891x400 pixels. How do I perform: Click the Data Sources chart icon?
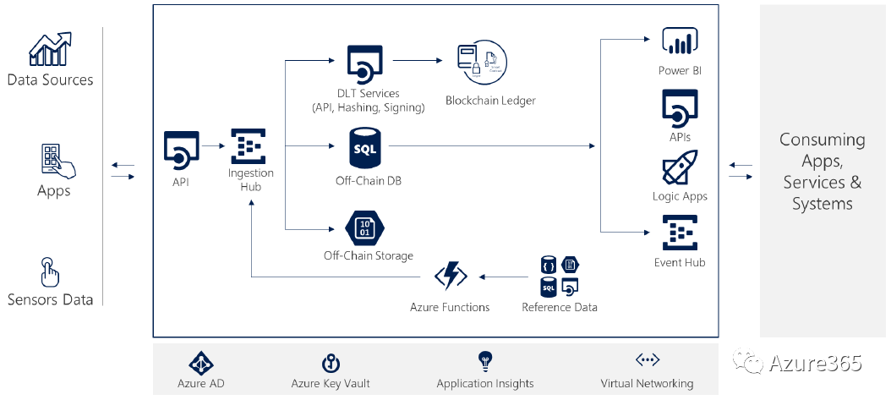(x=50, y=50)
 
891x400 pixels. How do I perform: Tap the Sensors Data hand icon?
(x=50, y=272)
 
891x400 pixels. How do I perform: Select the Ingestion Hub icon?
(x=249, y=146)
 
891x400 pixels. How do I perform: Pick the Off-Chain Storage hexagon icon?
(x=365, y=226)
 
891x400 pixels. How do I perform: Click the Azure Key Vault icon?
(x=331, y=363)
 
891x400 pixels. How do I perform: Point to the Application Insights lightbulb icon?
(x=485, y=361)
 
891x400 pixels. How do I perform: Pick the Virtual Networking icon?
(x=647, y=361)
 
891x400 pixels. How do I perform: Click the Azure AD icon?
(x=200, y=363)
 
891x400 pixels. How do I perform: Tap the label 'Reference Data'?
(x=560, y=307)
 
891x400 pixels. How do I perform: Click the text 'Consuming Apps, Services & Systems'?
(x=822, y=172)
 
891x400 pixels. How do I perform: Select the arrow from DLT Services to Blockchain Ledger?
(x=418, y=61)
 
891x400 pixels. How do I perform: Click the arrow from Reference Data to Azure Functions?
(x=504, y=276)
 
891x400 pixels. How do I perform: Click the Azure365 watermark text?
(x=815, y=364)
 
